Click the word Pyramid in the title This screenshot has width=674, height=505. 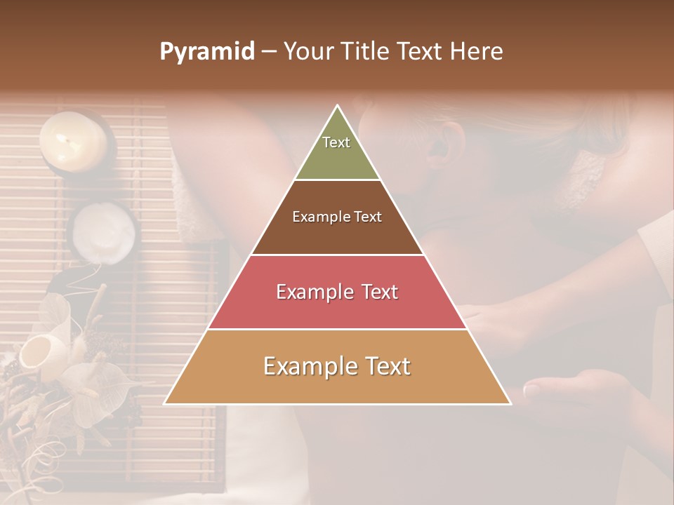pyautogui.click(x=206, y=52)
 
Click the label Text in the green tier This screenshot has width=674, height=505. pyautogui.click(x=336, y=142)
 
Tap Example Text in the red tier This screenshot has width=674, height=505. pyautogui.click(x=337, y=292)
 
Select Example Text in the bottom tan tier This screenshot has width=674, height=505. pyautogui.click(x=337, y=366)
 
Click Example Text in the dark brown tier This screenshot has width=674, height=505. pyautogui.click(x=337, y=217)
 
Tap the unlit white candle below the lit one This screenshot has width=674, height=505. pyautogui.click(x=104, y=231)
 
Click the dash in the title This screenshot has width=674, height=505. pyautogui.click(x=269, y=52)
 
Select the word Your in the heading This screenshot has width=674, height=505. pyautogui.click(x=306, y=51)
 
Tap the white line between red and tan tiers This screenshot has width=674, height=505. pyautogui.click(x=337, y=329)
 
